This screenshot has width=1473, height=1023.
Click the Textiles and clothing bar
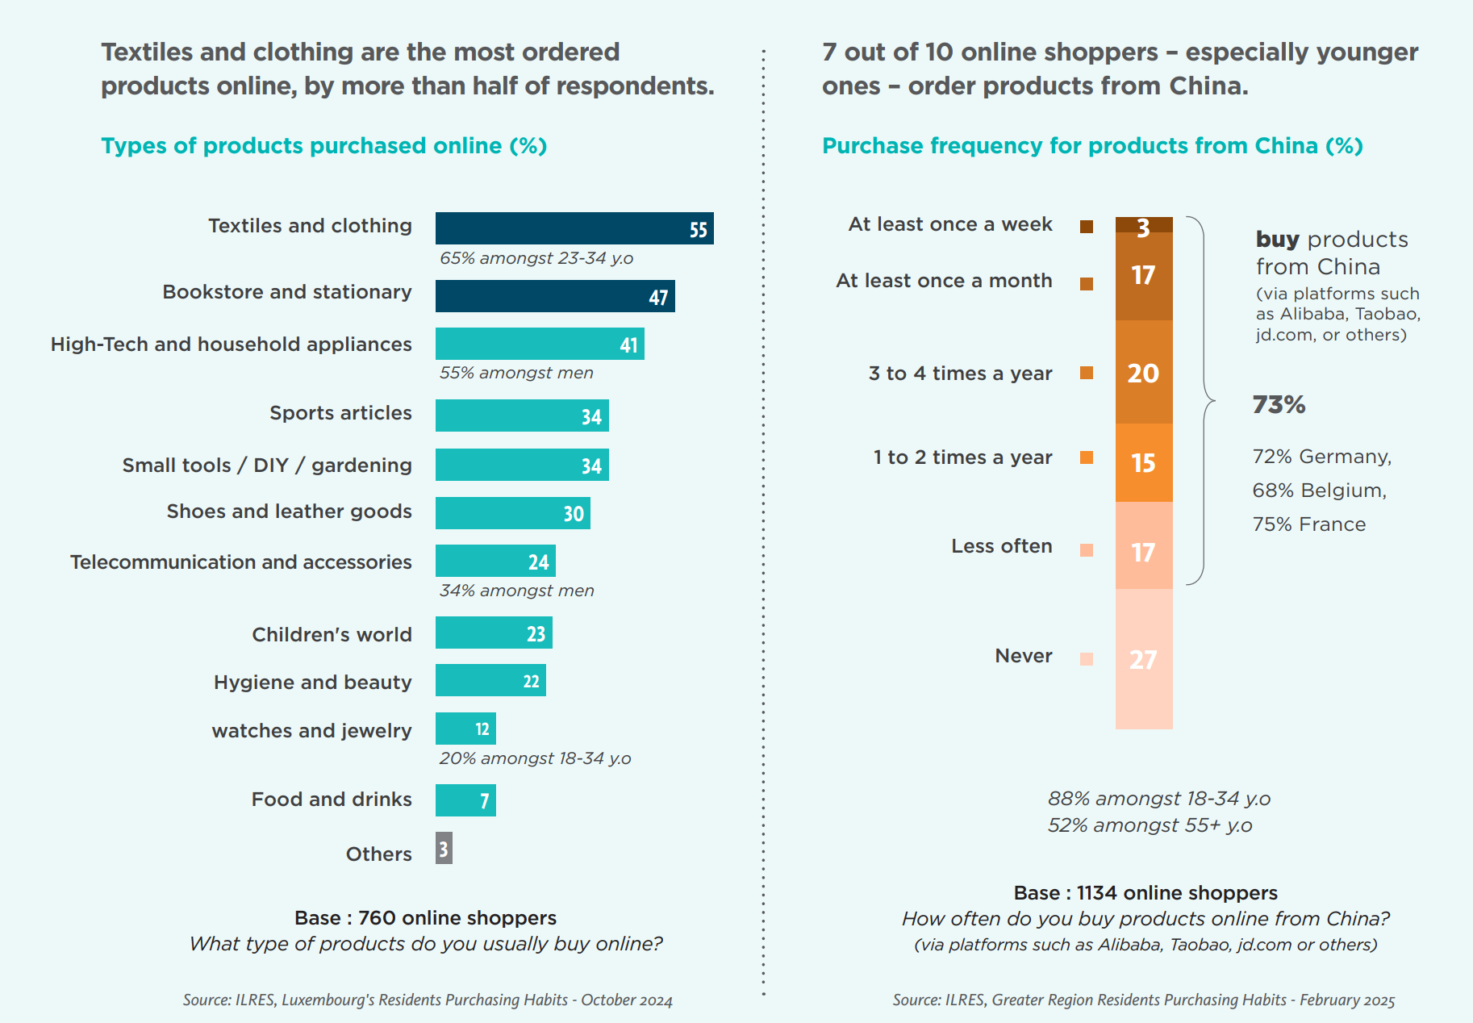574,228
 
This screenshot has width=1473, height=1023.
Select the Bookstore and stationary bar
555,296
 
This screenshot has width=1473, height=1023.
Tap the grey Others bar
444,848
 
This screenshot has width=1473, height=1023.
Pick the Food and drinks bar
465,800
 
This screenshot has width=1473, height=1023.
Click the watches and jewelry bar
465,729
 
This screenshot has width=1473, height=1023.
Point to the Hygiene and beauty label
312,683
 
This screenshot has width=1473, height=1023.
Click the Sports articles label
340,413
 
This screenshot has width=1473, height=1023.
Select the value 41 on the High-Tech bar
628,345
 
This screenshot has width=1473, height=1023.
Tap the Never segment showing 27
1143,659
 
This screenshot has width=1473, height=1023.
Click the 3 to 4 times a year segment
1143,372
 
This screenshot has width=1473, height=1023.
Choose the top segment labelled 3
1143,225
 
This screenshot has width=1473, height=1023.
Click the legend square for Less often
1087,550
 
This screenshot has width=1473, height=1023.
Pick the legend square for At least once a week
1087,227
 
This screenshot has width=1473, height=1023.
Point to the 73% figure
1279,404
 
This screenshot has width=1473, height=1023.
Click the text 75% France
1308,524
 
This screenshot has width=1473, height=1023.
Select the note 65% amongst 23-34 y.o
536,259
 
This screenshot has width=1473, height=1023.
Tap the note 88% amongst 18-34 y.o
1158,799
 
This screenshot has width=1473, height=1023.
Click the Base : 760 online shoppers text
425,918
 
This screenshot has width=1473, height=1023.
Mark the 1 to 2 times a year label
962,457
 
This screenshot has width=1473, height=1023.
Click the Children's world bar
494,633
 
